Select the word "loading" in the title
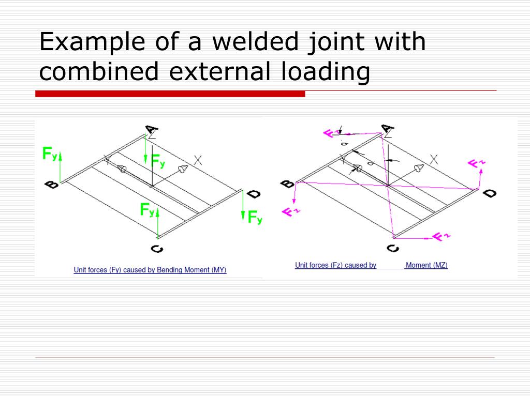(326, 71)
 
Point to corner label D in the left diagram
(254, 194)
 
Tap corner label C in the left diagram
(157, 249)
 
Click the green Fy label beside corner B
(50, 154)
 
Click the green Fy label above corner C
(148, 210)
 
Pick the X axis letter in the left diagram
(197, 160)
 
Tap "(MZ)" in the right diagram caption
(439, 265)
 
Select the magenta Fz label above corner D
(477, 164)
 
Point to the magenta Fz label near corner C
(441, 237)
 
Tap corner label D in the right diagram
(490, 194)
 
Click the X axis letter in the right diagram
(434, 160)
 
